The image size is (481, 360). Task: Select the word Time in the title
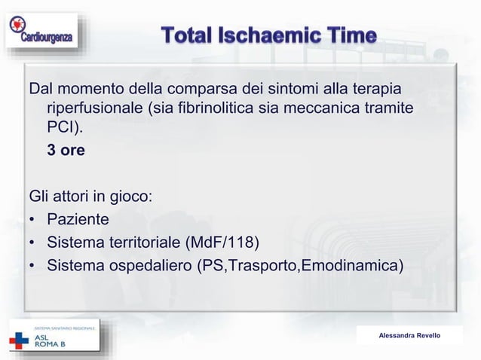click(348, 35)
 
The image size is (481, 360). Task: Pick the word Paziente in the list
click(78, 220)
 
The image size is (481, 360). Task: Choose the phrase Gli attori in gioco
click(90, 198)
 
